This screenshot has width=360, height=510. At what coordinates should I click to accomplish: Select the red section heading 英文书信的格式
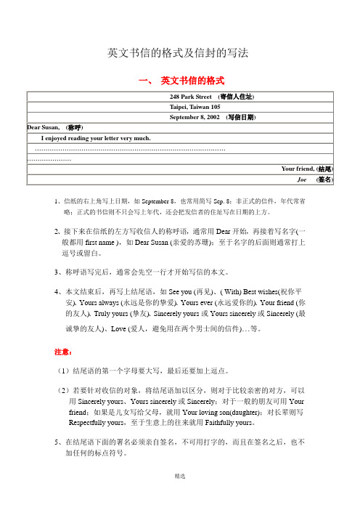pos(192,79)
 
